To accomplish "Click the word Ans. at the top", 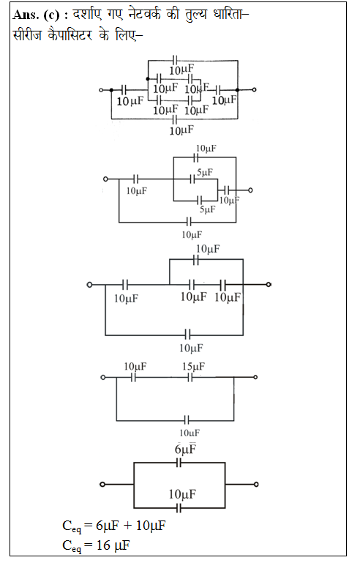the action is pos(26,15).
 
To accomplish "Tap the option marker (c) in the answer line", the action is pos(51,15).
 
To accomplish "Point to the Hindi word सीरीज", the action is pos(27,35).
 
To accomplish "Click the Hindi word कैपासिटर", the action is pos(70,35).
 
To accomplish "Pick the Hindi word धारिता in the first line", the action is pos(229,15).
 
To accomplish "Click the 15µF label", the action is pos(193,366).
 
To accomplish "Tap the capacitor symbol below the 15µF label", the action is pos(190,378).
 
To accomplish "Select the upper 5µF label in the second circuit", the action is pos(205,172).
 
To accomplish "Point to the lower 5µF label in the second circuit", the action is pos(207,209).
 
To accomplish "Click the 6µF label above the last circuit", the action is pos(185,449).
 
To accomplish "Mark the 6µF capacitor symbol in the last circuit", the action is pos(179,463).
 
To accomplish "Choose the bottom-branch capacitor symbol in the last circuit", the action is pos(179,508).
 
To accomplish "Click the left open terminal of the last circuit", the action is pos(102,485).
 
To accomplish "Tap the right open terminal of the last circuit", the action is pos(256,485).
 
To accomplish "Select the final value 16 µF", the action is pos(113,545).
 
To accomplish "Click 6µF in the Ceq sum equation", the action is pos(107,526).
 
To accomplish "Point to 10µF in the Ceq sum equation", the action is pos(151,526).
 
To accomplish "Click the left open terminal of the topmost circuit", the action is pos(101,89).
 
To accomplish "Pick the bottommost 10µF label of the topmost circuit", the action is pos(181,130).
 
